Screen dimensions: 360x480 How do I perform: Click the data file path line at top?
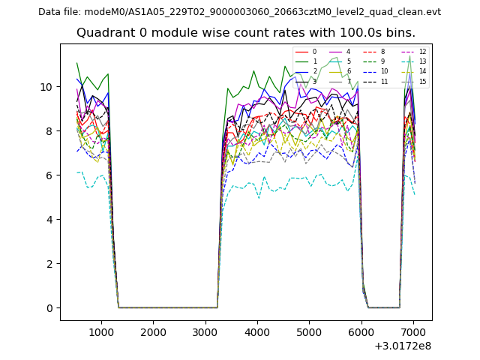(x=239, y=12)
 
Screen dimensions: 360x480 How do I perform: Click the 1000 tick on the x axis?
(x=101, y=331)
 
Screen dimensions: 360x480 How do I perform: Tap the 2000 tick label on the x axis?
(x=153, y=331)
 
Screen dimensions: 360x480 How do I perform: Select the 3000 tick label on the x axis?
(x=205, y=331)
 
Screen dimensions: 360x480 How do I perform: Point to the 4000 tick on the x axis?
(x=257, y=331)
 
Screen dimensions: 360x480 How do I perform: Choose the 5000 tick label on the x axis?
(x=310, y=331)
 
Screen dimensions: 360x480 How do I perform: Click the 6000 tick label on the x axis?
(x=361, y=331)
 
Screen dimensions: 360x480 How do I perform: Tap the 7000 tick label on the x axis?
(x=414, y=331)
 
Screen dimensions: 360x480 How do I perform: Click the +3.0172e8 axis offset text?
(x=402, y=346)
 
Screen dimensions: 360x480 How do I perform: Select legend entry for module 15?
(x=422, y=82)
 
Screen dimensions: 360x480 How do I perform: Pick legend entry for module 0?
(x=314, y=52)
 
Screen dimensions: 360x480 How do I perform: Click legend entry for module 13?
(x=422, y=61)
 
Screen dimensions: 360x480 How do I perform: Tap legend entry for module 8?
(x=383, y=52)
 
